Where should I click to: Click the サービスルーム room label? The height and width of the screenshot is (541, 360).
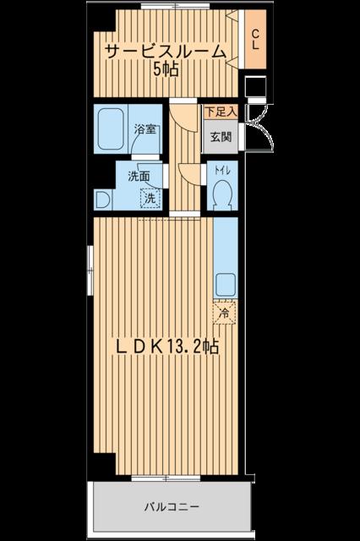coord(166,52)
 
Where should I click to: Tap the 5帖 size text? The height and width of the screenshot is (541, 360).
coord(166,70)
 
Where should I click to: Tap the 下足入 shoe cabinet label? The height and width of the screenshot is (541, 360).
coord(221,111)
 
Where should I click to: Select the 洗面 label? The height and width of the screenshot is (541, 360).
coord(139,177)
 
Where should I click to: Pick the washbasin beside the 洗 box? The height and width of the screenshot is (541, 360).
coord(102,200)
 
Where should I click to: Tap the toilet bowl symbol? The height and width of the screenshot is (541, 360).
coord(224,195)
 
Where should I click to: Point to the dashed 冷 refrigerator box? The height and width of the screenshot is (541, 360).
coord(225,312)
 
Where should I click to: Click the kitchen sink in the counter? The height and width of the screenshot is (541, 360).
coord(226,282)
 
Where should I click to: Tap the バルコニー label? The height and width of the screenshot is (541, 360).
coord(170,508)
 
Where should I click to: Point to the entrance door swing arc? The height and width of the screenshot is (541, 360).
coord(257,135)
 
